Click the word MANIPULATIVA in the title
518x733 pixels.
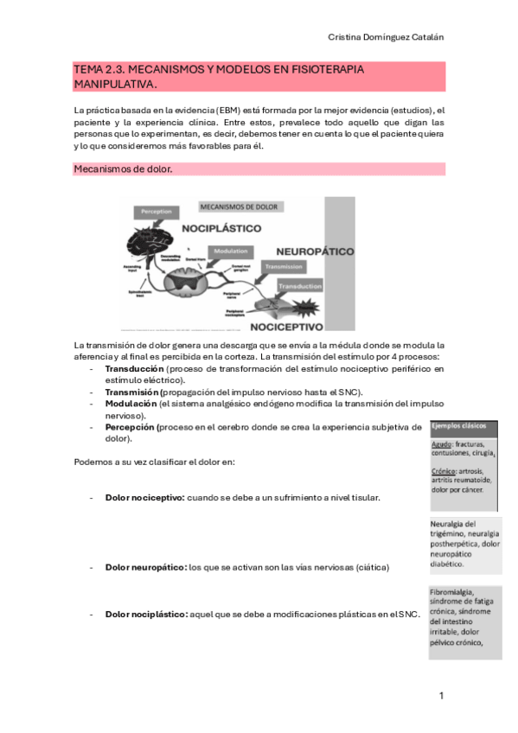[x=115, y=84]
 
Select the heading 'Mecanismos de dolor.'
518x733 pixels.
[x=124, y=169]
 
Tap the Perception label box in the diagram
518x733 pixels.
[x=157, y=211]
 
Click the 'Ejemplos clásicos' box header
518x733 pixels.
[x=463, y=427]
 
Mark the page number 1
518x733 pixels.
[x=441, y=696]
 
